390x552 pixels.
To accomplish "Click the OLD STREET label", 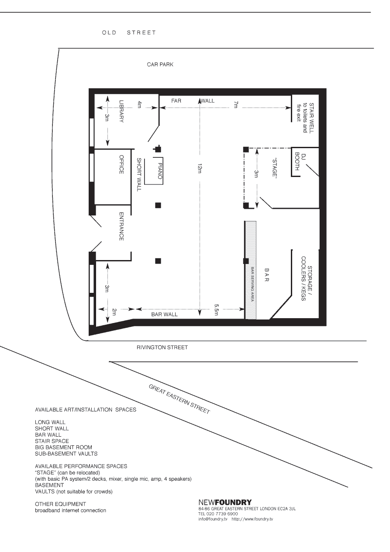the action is point(129,32).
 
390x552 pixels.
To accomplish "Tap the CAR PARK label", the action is point(160,65).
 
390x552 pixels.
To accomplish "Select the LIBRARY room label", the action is point(121,111).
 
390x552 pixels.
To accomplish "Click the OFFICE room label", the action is point(121,164).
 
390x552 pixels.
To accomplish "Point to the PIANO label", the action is point(160,171).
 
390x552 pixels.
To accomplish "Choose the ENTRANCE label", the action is point(121,226).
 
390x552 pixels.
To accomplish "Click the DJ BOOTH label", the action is point(300,162).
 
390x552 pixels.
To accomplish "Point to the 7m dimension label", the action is point(236,104).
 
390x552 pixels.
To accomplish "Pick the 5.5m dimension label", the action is point(217,309).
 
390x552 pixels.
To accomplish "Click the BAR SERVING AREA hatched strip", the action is point(251,270).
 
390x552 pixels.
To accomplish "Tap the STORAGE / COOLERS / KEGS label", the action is point(307,279).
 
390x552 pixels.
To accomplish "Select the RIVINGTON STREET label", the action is point(162,347).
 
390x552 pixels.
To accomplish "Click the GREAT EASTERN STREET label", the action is point(179,399).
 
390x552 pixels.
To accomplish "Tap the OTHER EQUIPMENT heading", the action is point(61,504).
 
